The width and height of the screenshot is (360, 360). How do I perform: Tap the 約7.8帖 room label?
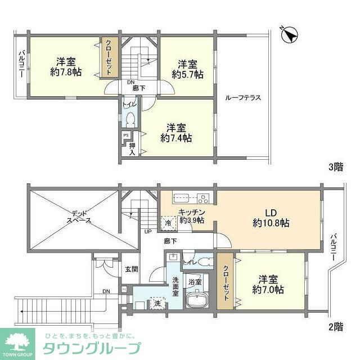tap(66, 67)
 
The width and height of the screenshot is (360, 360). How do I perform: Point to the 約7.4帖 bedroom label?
tap(175, 132)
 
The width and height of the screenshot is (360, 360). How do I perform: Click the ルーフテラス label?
tap(242, 97)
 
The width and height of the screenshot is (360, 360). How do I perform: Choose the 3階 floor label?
tap(335, 166)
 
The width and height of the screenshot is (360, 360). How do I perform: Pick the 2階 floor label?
tap(335, 326)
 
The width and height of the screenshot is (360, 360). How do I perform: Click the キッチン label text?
tap(191, 212)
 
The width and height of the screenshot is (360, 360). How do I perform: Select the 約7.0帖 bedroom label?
tap(268, 285)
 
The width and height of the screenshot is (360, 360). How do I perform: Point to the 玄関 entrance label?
tap(131, 269)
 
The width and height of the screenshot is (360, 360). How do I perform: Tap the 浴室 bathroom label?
tap(195, 281)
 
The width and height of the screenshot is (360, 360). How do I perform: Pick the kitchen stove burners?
tap(202, 198)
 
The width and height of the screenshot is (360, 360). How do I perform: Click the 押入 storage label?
tap(132, 148)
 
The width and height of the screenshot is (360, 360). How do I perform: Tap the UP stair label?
tap(148, 231)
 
